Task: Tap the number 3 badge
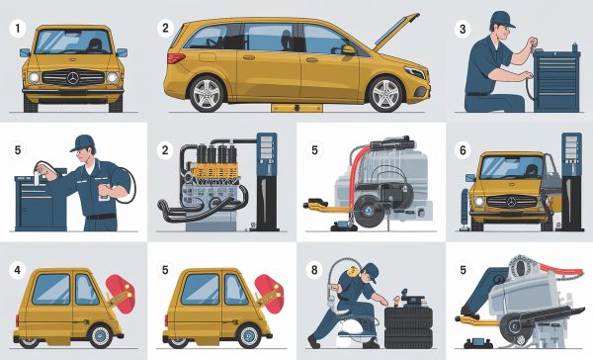coord(460,28)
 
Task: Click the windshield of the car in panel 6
coord(511,167)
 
